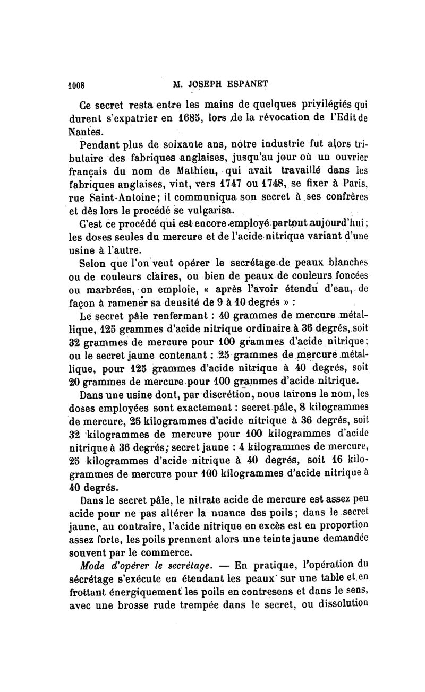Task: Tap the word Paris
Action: click(x=348, y=186)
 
